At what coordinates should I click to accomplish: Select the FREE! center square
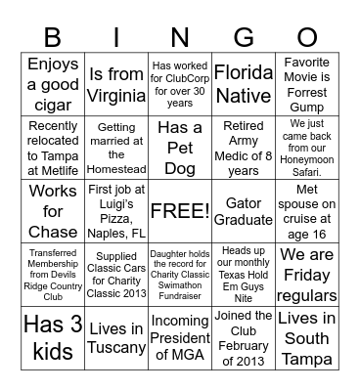pyautogui.click(x=179, y=210)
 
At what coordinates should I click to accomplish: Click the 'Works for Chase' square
pyautogui.click(x=52, y=210)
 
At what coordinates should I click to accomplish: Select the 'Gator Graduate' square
pyautogui.click(x=243, y=210)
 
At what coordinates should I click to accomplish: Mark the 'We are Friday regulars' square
pyautogui.click(x=306, y=274)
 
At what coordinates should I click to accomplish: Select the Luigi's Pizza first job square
pyautogui.click(x=115, y=210)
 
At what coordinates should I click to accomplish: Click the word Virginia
pyautogui.click(x=115, y=94)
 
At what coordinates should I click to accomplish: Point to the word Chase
pyautogui.click(x=52, y=232)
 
